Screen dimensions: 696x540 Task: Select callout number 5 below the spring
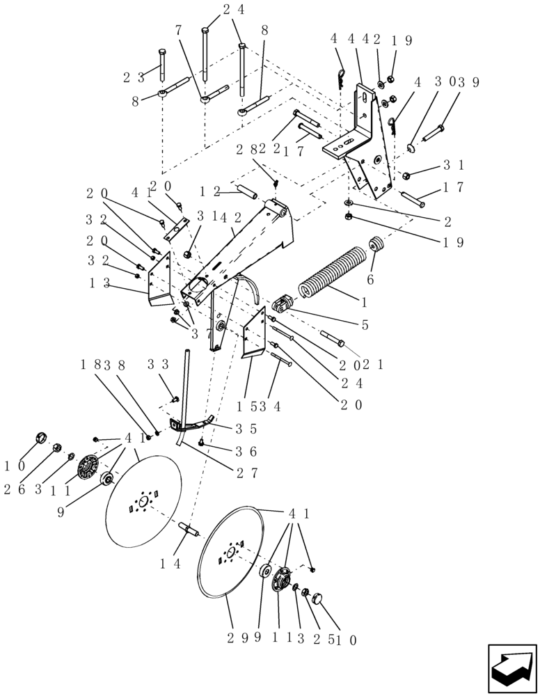point(365,324)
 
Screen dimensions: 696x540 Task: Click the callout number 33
point(158,364)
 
